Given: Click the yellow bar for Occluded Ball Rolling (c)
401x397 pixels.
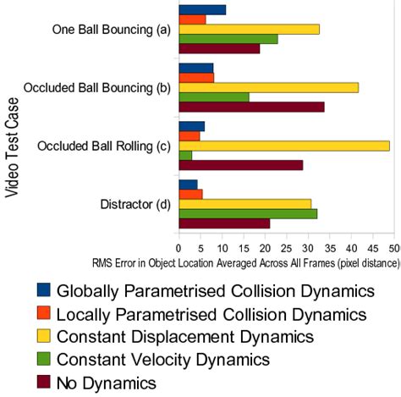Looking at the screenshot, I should click(x=283, y=146).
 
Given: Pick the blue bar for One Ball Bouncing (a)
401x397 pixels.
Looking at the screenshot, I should click(x=201, y=9).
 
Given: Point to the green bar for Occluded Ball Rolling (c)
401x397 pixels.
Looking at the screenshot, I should click(x=184, y=156).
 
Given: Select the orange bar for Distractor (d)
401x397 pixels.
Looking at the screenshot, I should click(x=190, y=194).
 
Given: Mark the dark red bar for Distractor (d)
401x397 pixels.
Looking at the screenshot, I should click(x=223, y=223).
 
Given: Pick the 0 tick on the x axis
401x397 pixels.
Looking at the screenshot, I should click(x=178, y=247).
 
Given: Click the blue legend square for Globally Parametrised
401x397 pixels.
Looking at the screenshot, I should click(x=44, y=290).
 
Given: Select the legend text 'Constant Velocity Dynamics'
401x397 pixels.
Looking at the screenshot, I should click(x=164, y=360).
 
